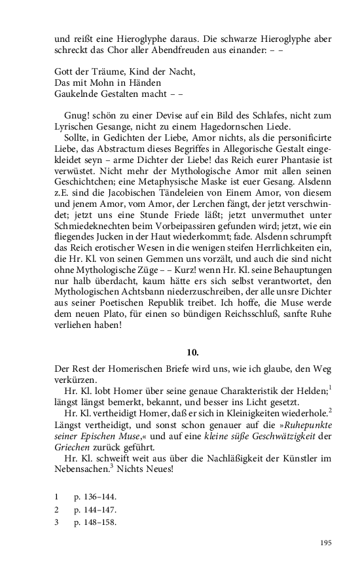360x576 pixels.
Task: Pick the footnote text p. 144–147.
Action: tap(96, 509)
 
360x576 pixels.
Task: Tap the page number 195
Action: tap(327, 542)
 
